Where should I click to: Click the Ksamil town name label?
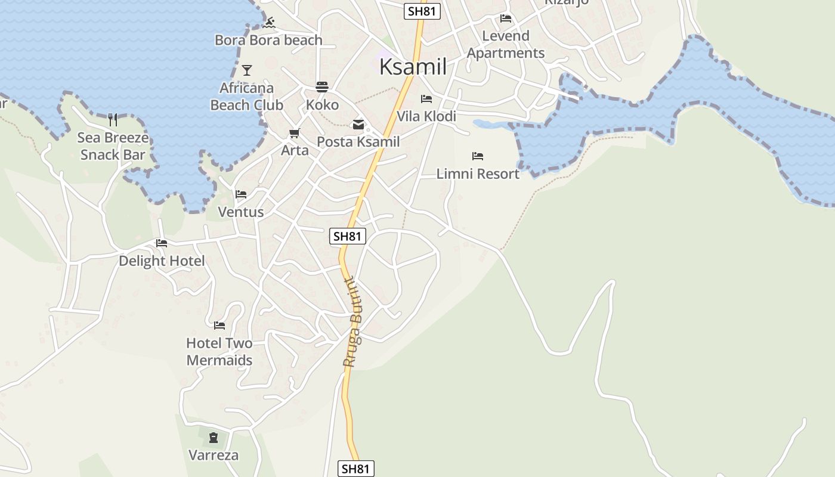click(x=413, y=67)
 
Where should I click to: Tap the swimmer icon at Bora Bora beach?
click(x=269, y=23)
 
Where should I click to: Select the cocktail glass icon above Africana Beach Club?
click(x=246, y=70)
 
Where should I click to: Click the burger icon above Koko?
click(x=322, y=87)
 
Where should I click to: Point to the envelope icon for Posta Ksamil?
click(x=358, y=125)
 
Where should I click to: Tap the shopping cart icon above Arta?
click(x=295, y=133)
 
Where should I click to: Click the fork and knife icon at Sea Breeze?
click(x=113, y=120)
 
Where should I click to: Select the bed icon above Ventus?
click(x=241, y=194)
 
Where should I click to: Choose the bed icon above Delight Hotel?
click(x=162, y=243)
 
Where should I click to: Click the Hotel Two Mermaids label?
click(x=219, y=352)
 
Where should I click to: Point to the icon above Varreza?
click(x=214, y=438)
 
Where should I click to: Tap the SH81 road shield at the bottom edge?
click(x=356, y=469)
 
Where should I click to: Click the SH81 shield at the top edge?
click(x=422, y=11)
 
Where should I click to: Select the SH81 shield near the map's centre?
click(x=348, y=236)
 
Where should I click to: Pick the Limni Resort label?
click(x=478, y=174)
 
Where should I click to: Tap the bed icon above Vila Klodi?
click(x=426, y=99)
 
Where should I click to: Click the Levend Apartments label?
click(x=506, y=45)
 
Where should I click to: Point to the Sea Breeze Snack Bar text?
click(x=113, y=147)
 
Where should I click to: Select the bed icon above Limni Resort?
click(x=478, y=156)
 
